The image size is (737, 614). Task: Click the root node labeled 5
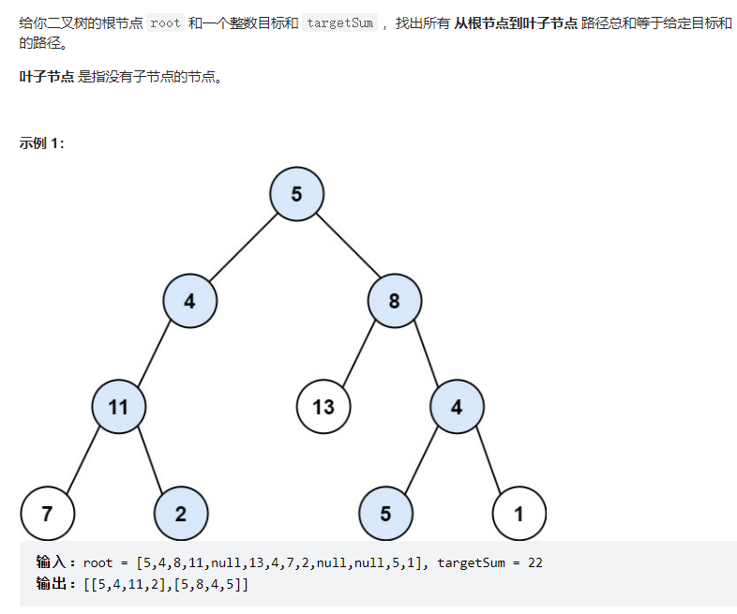[x=296, y=194]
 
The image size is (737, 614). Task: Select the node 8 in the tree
[x=395, y=301]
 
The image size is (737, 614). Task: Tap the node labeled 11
[x=118, y=407]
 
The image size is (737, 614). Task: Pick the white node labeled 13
[x=323, y=407]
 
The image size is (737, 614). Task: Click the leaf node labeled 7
[x=47, y=513]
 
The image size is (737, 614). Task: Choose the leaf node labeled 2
[x=181, y=513]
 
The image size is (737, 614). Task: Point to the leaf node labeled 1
[x=519, y=513]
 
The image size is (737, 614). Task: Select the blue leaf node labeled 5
[x=385, y=513]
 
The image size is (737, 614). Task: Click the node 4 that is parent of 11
[x=189, y=301]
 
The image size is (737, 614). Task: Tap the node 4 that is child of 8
[x=457, y=407]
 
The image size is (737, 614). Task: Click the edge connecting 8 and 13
[x=360, y=353]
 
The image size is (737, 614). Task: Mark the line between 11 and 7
[x=83, y=460]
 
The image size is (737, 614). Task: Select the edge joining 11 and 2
[x=150, y=460]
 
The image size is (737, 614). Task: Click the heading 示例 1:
[x=41, y=143]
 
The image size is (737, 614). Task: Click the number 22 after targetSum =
[x=534, y=563]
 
